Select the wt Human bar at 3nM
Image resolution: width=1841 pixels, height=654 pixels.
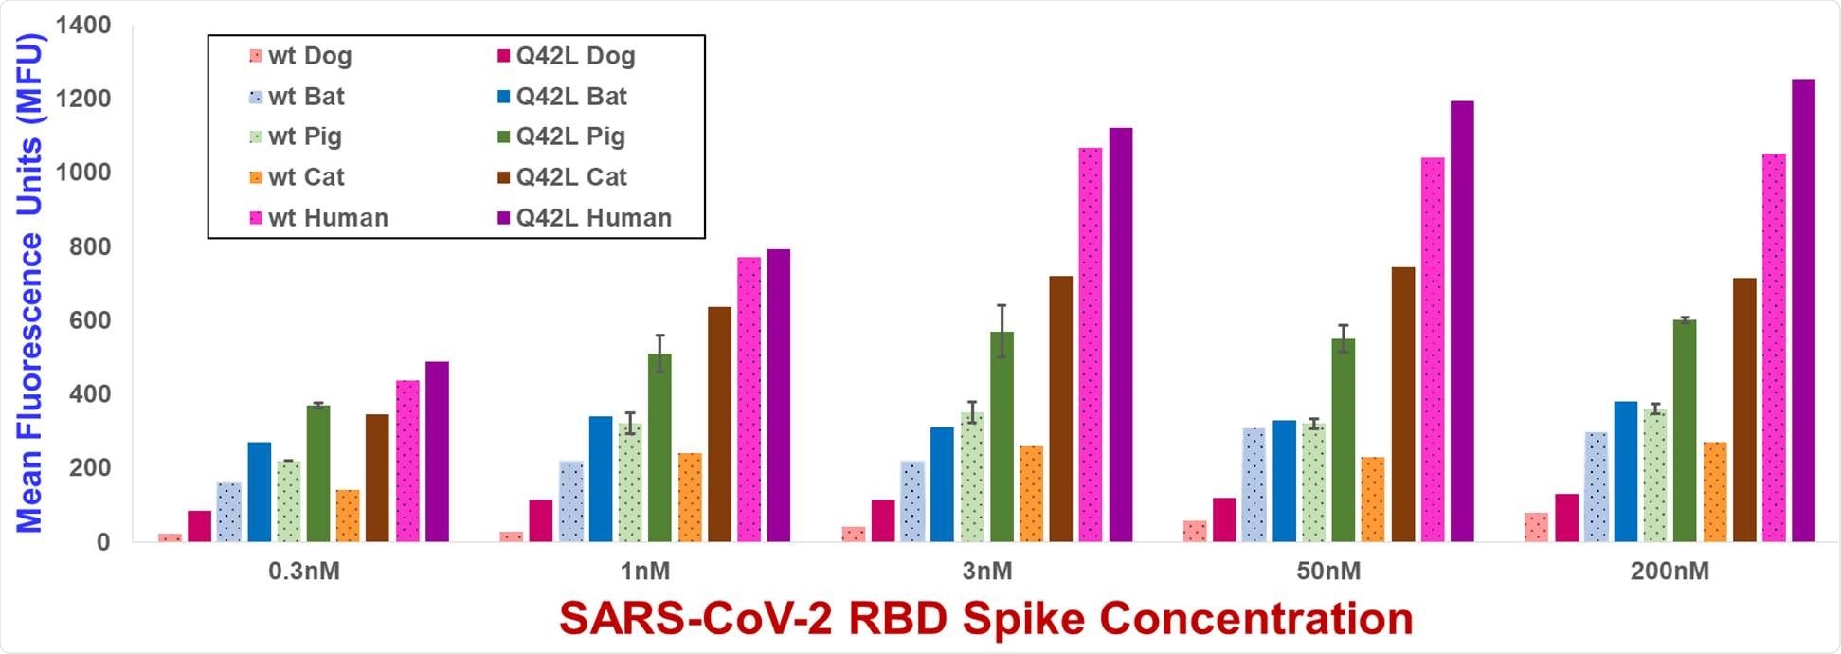point(1091,345)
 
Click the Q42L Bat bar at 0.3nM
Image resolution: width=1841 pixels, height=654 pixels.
point(259,492)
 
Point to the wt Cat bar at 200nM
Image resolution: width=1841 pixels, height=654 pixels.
point(1715,492)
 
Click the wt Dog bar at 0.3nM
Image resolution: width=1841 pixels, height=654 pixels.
point(171,537)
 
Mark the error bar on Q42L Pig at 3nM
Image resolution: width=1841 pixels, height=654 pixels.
point(1002,330)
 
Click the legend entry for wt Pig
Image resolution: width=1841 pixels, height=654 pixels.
point(304,136)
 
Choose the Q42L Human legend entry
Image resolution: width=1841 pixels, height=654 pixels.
point(593,218)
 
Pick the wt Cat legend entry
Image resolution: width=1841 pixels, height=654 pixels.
point(306,177)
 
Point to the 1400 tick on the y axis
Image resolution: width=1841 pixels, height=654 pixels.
point(83,26)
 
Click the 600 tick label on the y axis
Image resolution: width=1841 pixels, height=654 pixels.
point(90,320)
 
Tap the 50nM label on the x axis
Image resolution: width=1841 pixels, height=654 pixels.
point(1328,572)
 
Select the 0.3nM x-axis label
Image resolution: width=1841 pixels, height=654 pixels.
point(304,572)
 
